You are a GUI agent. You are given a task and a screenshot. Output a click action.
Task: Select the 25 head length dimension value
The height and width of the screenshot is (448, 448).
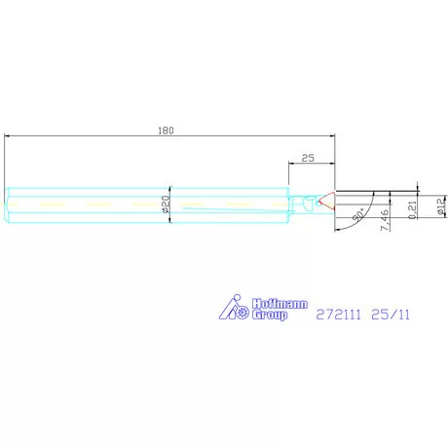[x=308, y=157]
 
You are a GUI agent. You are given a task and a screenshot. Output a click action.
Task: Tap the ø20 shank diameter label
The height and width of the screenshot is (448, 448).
[x=165, y=204]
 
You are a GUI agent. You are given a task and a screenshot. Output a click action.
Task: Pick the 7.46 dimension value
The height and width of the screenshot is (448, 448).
[x=385, y=221]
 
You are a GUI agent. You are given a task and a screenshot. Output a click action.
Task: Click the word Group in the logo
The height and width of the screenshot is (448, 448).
[x=270, y=316]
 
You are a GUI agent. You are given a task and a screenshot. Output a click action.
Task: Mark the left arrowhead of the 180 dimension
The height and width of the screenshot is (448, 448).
[x=8, y=137]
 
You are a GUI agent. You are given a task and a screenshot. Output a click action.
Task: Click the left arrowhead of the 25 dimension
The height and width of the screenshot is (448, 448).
[x=290, y=164]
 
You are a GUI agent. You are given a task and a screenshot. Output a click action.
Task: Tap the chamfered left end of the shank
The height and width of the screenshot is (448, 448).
[x=7, y=205]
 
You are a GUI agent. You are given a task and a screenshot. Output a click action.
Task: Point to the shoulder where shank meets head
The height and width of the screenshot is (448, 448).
[x=287, y=205]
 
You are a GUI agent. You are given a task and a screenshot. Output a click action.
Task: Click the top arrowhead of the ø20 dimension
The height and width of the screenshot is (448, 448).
[x=170, y=189]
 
